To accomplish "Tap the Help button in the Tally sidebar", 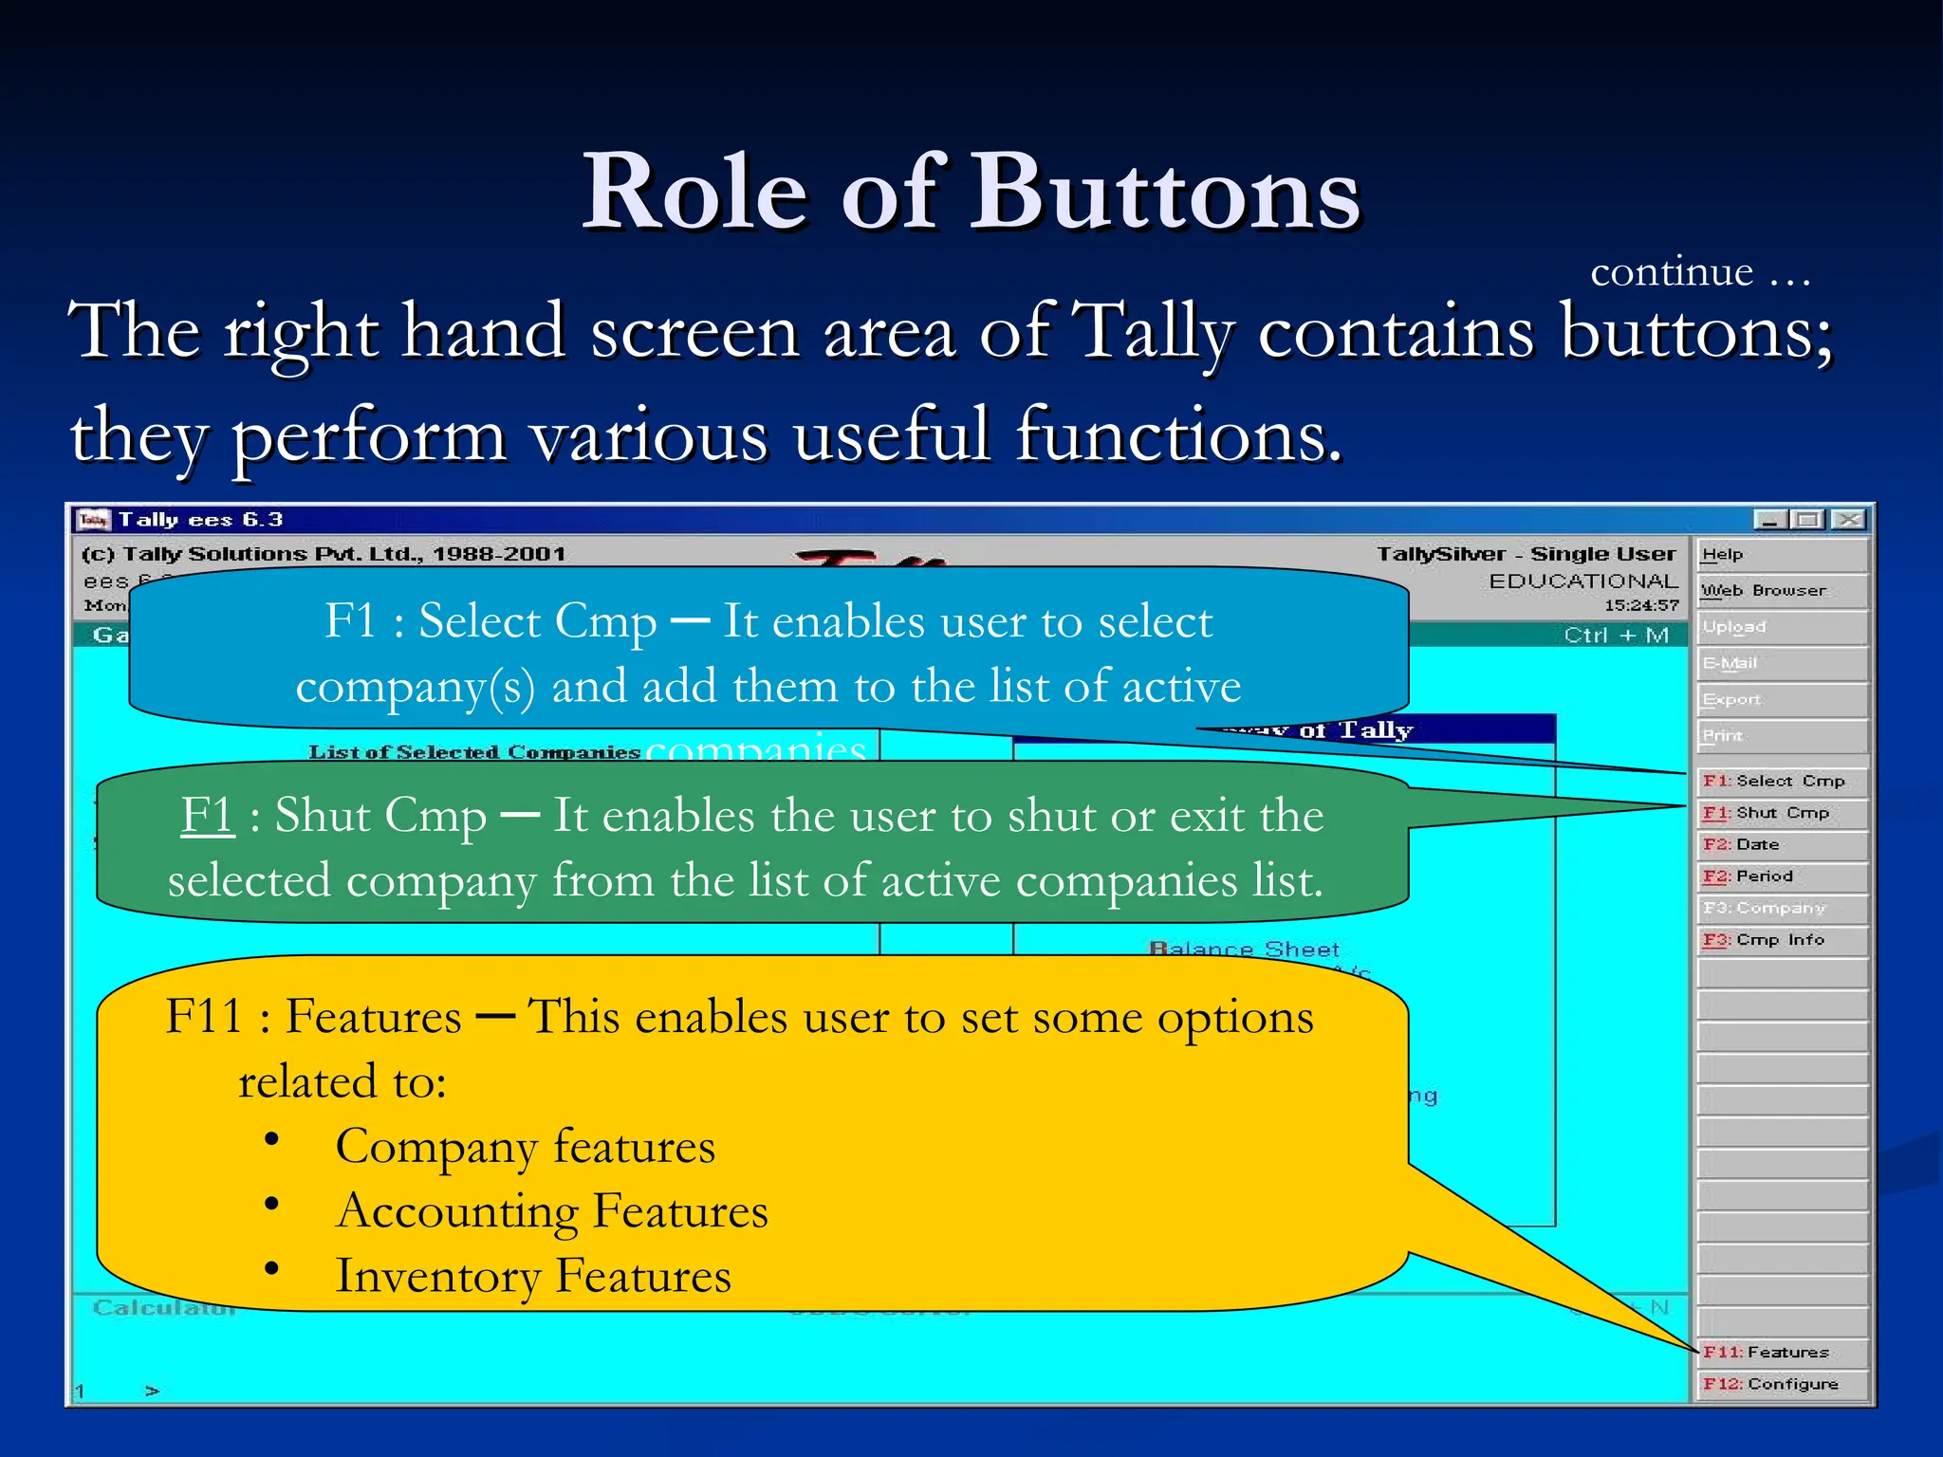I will pyautogui.click(x=1782, y=555).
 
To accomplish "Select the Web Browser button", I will pyautogui.click(x=1782, y=591).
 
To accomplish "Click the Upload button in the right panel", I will pyautogui.click(x=1782, y=627).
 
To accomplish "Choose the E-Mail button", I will pyautogui.click(x=1782, y=663).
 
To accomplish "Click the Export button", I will pyautogui.click(x=1782, y=700).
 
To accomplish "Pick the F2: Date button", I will pyautogui.click(x=1782, y=844).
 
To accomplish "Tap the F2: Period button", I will pyautogui.click(x=1782, y=876).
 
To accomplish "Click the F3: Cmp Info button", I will pyautogui.click(x=1782, y=940).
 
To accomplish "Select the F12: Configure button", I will pyautogui.click(x=1782, y=1384).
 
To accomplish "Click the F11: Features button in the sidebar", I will pyautogui.click(x=1782, y=1352).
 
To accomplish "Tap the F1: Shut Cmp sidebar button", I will pyautogui.click(x=1782, y=813).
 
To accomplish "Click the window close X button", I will pyautogui.click(x=1848, y=520).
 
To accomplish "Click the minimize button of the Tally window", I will pyautogui.click(x=1770, y=520).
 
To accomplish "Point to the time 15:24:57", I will pyautogui.click(x=1641, y=605).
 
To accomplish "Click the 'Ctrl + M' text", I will pyautogui.click(x=1616, y=635).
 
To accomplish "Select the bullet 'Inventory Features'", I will pyautogui.click(x=533, y=1276).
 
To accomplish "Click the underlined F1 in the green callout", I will pyautogui.click(x=208, y=815).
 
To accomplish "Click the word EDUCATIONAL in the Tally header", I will pyautogui.click(x=1582, y=581).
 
